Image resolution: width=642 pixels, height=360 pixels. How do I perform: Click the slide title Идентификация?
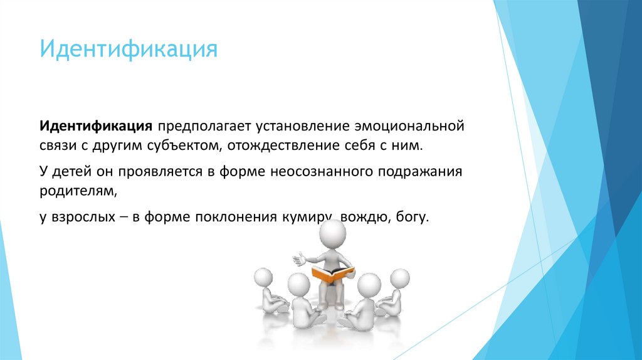pyautogui.click(x=129, y=49)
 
